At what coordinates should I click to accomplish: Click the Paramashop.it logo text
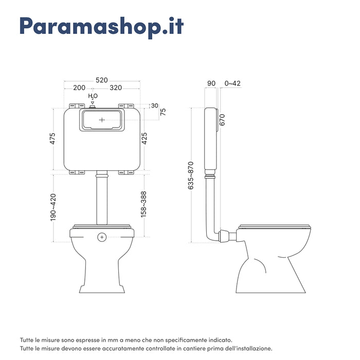tap(101, 27)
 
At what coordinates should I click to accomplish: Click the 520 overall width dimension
tap(101, 80)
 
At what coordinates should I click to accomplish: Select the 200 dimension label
tap(79, 88)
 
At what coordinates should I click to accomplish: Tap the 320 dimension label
tap(116, 88)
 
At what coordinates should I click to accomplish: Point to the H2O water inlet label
tap(93, 96)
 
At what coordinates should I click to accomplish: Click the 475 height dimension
tap(52, 139)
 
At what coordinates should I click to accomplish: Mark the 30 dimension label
tap(155, 105)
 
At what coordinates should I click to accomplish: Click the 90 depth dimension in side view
tap(211, 83)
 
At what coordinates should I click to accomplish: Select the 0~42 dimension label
tap(232, 83)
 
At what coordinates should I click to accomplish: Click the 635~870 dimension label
tap(190, 176)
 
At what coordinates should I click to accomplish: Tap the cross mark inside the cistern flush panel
tap(102, 119)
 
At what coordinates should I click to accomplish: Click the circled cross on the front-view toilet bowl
tap(102, 237)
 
